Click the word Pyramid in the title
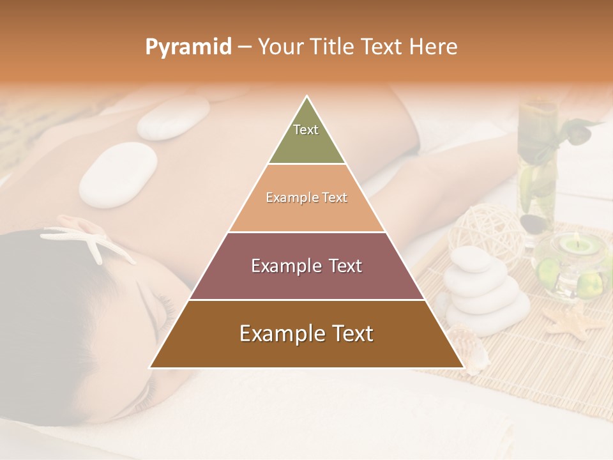click(x=188, y=47)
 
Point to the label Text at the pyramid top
click(x=306, y=130)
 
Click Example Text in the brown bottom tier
click(x=306, y=333)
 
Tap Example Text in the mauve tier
click(x=306, y=266)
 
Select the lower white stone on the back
click(x=118, y=174)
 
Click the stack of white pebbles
click(x=481, y=291)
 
